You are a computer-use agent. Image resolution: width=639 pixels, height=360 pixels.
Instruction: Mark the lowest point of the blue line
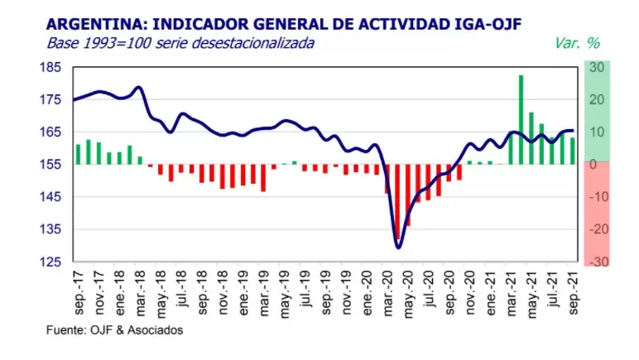398,247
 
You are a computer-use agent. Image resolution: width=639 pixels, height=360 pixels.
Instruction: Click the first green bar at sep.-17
78,154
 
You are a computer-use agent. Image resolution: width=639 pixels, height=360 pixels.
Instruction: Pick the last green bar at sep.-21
573,151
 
